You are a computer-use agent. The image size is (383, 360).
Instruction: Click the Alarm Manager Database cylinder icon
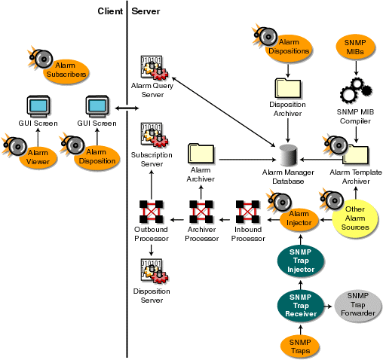pyautogui.click(x=287, y=156)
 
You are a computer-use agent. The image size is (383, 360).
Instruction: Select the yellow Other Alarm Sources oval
pyautogui.click(x=356, y=218)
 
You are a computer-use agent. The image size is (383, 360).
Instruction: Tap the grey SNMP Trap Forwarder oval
pyautogui.click(x=357, y=308)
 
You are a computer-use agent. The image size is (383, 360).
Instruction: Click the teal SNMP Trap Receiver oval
pyautogui.click(x=301, y=307)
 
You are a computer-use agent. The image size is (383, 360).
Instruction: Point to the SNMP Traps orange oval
pyautogui.click(x=301, y=346)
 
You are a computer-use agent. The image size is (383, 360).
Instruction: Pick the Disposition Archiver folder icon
pyautogui.click(x=286, y=87)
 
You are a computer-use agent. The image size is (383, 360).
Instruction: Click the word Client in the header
pyautogui.click(x=110, y=11)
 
